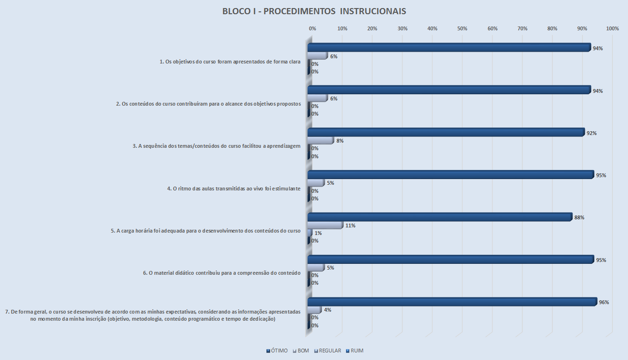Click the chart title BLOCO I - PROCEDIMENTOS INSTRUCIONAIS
(x=314, y=11)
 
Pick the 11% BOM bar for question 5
(x=325, y=225)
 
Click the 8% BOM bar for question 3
(x=321, y=140)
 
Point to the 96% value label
(x=604, y=302)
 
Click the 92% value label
(x=592, y=133)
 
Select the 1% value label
(x=318, y=233)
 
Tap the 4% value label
(x=327, y=310)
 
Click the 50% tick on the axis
(x=463, y=29)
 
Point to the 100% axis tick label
(x=612, y=29)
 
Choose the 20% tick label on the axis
(x=373, y=29)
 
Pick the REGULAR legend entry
(x=328, y=351)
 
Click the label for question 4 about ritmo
(x=234, y=189)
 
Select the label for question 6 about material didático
(x=222, y=273)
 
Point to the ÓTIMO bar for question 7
(x=452, y=302)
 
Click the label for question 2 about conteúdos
(x=209, y=104)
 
